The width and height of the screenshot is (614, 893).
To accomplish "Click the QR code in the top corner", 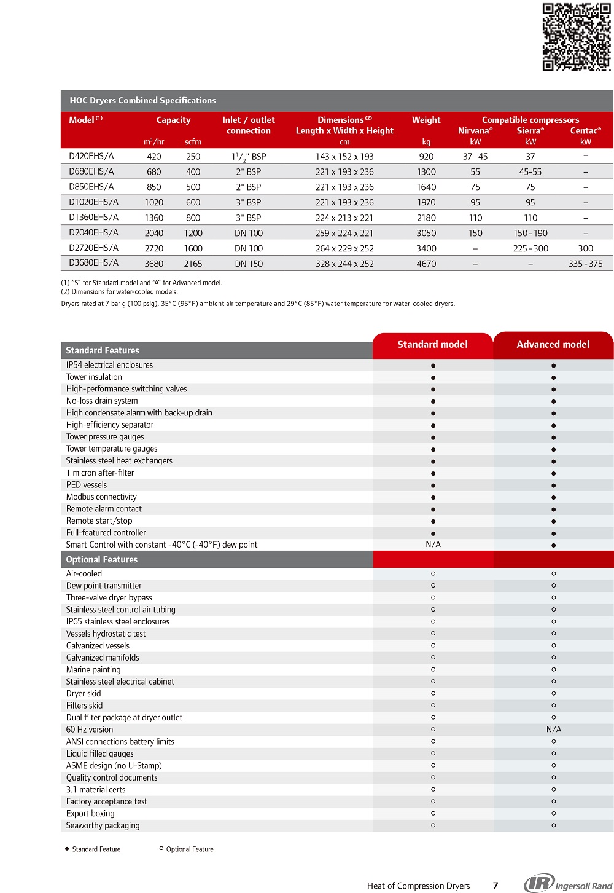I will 577,37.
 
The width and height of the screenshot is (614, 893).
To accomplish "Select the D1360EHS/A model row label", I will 93,217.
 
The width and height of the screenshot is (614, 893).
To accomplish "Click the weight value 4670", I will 426,264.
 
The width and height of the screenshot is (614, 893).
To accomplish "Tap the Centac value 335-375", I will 585,264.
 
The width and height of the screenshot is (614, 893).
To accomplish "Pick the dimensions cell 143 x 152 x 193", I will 344,157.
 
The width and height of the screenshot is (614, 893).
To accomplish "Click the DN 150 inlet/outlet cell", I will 249,264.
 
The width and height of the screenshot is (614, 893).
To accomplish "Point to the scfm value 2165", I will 193,264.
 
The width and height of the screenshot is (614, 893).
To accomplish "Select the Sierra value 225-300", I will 530,248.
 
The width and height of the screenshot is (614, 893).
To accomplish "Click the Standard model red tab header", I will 432,345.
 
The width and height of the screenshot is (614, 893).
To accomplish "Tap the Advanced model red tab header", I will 553,345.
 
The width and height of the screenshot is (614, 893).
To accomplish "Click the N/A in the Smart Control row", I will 433,545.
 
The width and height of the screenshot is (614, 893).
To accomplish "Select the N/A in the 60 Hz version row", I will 553,730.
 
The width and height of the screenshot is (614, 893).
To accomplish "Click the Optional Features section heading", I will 102,559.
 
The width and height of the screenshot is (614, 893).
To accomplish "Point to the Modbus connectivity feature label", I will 101,497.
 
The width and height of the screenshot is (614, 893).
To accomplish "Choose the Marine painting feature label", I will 93,669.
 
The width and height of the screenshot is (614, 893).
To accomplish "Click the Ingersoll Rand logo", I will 568,884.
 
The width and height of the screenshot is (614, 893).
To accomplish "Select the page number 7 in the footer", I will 495,886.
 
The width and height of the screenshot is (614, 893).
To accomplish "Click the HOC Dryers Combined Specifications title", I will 142,100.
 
